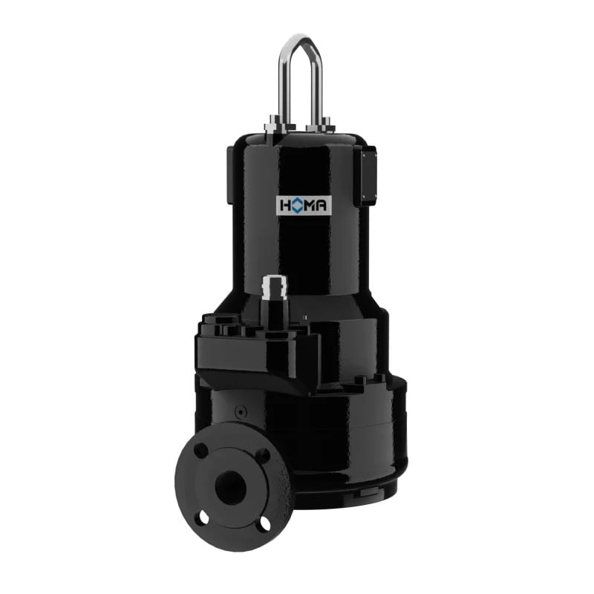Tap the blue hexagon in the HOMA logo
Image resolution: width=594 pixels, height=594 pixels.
[298, 206]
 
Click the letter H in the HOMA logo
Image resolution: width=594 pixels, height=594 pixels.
[285, 206]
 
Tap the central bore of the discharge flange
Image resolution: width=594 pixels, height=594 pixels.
[230, 486]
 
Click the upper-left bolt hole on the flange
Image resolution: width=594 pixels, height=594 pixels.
[200, 450]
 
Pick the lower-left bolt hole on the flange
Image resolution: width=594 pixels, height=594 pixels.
[203, 518]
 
